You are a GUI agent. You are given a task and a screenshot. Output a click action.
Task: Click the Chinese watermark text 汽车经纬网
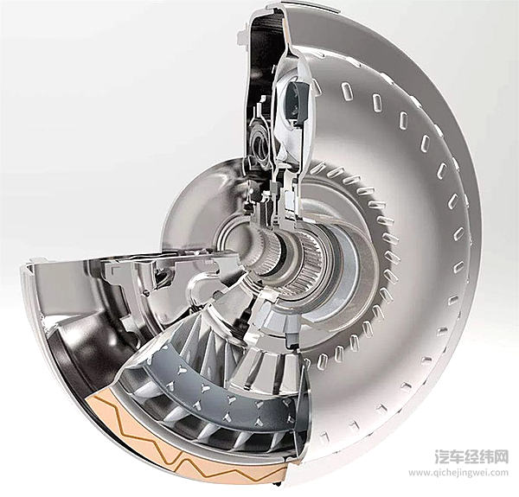pyautogui.click(x=471, y=456)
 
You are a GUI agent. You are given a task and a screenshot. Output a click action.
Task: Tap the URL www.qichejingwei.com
pyautogui.click(x=458, y=473)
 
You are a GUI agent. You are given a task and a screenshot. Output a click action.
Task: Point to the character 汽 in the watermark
pyautogui.click(x=442, y=456)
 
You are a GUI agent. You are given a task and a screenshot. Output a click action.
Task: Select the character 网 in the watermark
pyautogui.click(x=501, y=456)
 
